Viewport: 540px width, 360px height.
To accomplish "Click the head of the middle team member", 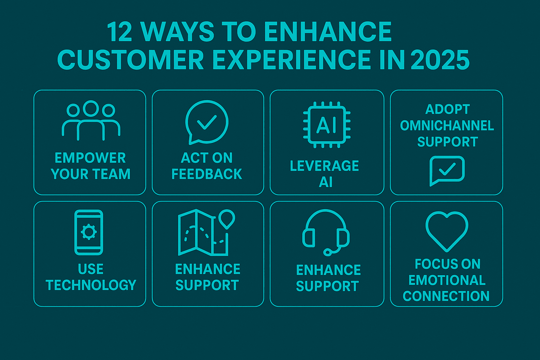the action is pyautogui.click(x=91, y=108).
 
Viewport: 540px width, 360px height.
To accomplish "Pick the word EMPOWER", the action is pyautogui.click(x=90, y=158).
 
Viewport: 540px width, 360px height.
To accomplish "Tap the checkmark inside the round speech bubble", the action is pyautogui.click(x=207, y=122).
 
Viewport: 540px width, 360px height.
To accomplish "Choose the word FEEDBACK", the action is pyautogui.click(x=207, y=174).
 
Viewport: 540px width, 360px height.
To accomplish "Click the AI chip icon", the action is pyautogui.click(x=327, y=125).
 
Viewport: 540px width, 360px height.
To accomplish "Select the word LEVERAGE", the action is pyautogui.click(x=324, y=166).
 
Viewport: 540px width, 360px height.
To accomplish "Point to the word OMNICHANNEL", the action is pyautogui.click(x=447, y=126).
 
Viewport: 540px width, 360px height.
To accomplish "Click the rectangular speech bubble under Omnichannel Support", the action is pyautogui.click(x=447, y=170).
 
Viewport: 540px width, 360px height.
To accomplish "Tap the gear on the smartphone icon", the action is pyautogui.click(x=89, y=232).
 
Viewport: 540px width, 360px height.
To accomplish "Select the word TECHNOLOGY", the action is pyautogui.click(x=91, y=285).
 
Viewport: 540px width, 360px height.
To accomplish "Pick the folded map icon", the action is pyautogui.click(x=203, y=232).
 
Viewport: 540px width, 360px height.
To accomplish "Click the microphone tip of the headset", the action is pyautogui.click(x=327, y=252).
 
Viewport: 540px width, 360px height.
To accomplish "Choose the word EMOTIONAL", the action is pyautogui.click(x=447, y=280).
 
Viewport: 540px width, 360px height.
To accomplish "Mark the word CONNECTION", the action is pyautogui.click(x=446, y=296).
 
